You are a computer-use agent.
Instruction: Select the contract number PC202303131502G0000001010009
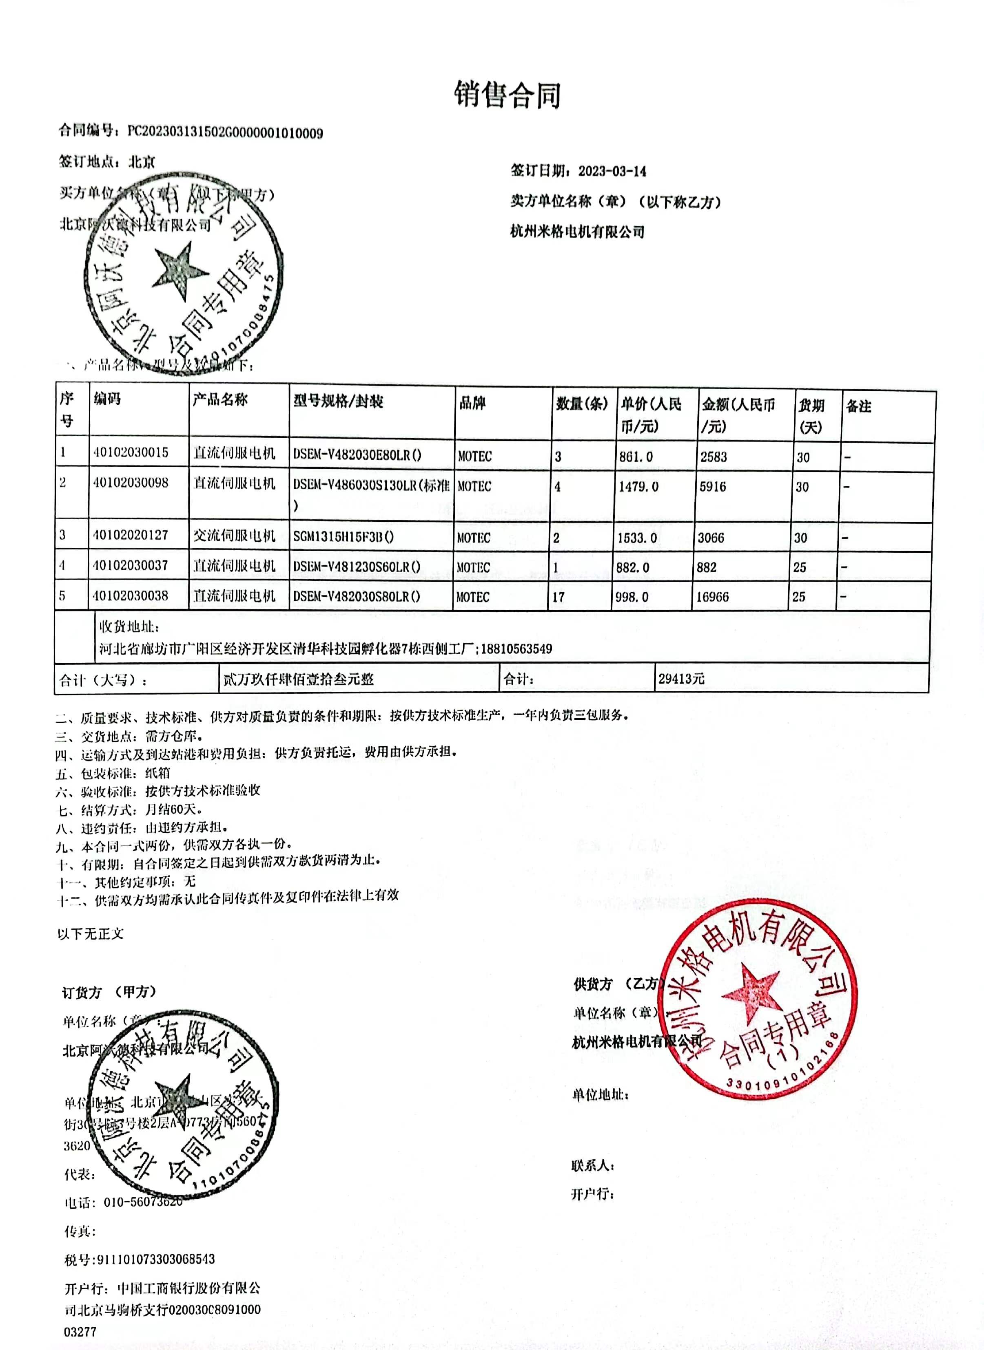click(x=225, y=132)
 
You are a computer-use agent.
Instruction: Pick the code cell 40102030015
click(x=131, y=453)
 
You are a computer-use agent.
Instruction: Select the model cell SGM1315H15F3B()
click(x=343, y=536)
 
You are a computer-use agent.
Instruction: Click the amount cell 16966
click(x=712, y=596)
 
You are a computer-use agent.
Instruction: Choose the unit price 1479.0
click(x=638, y=487)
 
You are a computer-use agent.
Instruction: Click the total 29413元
click(x=681, y=679)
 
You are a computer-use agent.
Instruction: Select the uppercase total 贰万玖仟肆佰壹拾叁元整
click(x=298, y=679)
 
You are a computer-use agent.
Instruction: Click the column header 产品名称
click(x=220, y=400)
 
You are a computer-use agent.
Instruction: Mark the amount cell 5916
click(x=713, y=487)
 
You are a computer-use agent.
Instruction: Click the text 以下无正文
click(x=91, y=933)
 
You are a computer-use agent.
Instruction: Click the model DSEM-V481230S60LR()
click(x=356, y=567)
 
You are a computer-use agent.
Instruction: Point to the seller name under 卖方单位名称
click(x=577, y=232)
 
